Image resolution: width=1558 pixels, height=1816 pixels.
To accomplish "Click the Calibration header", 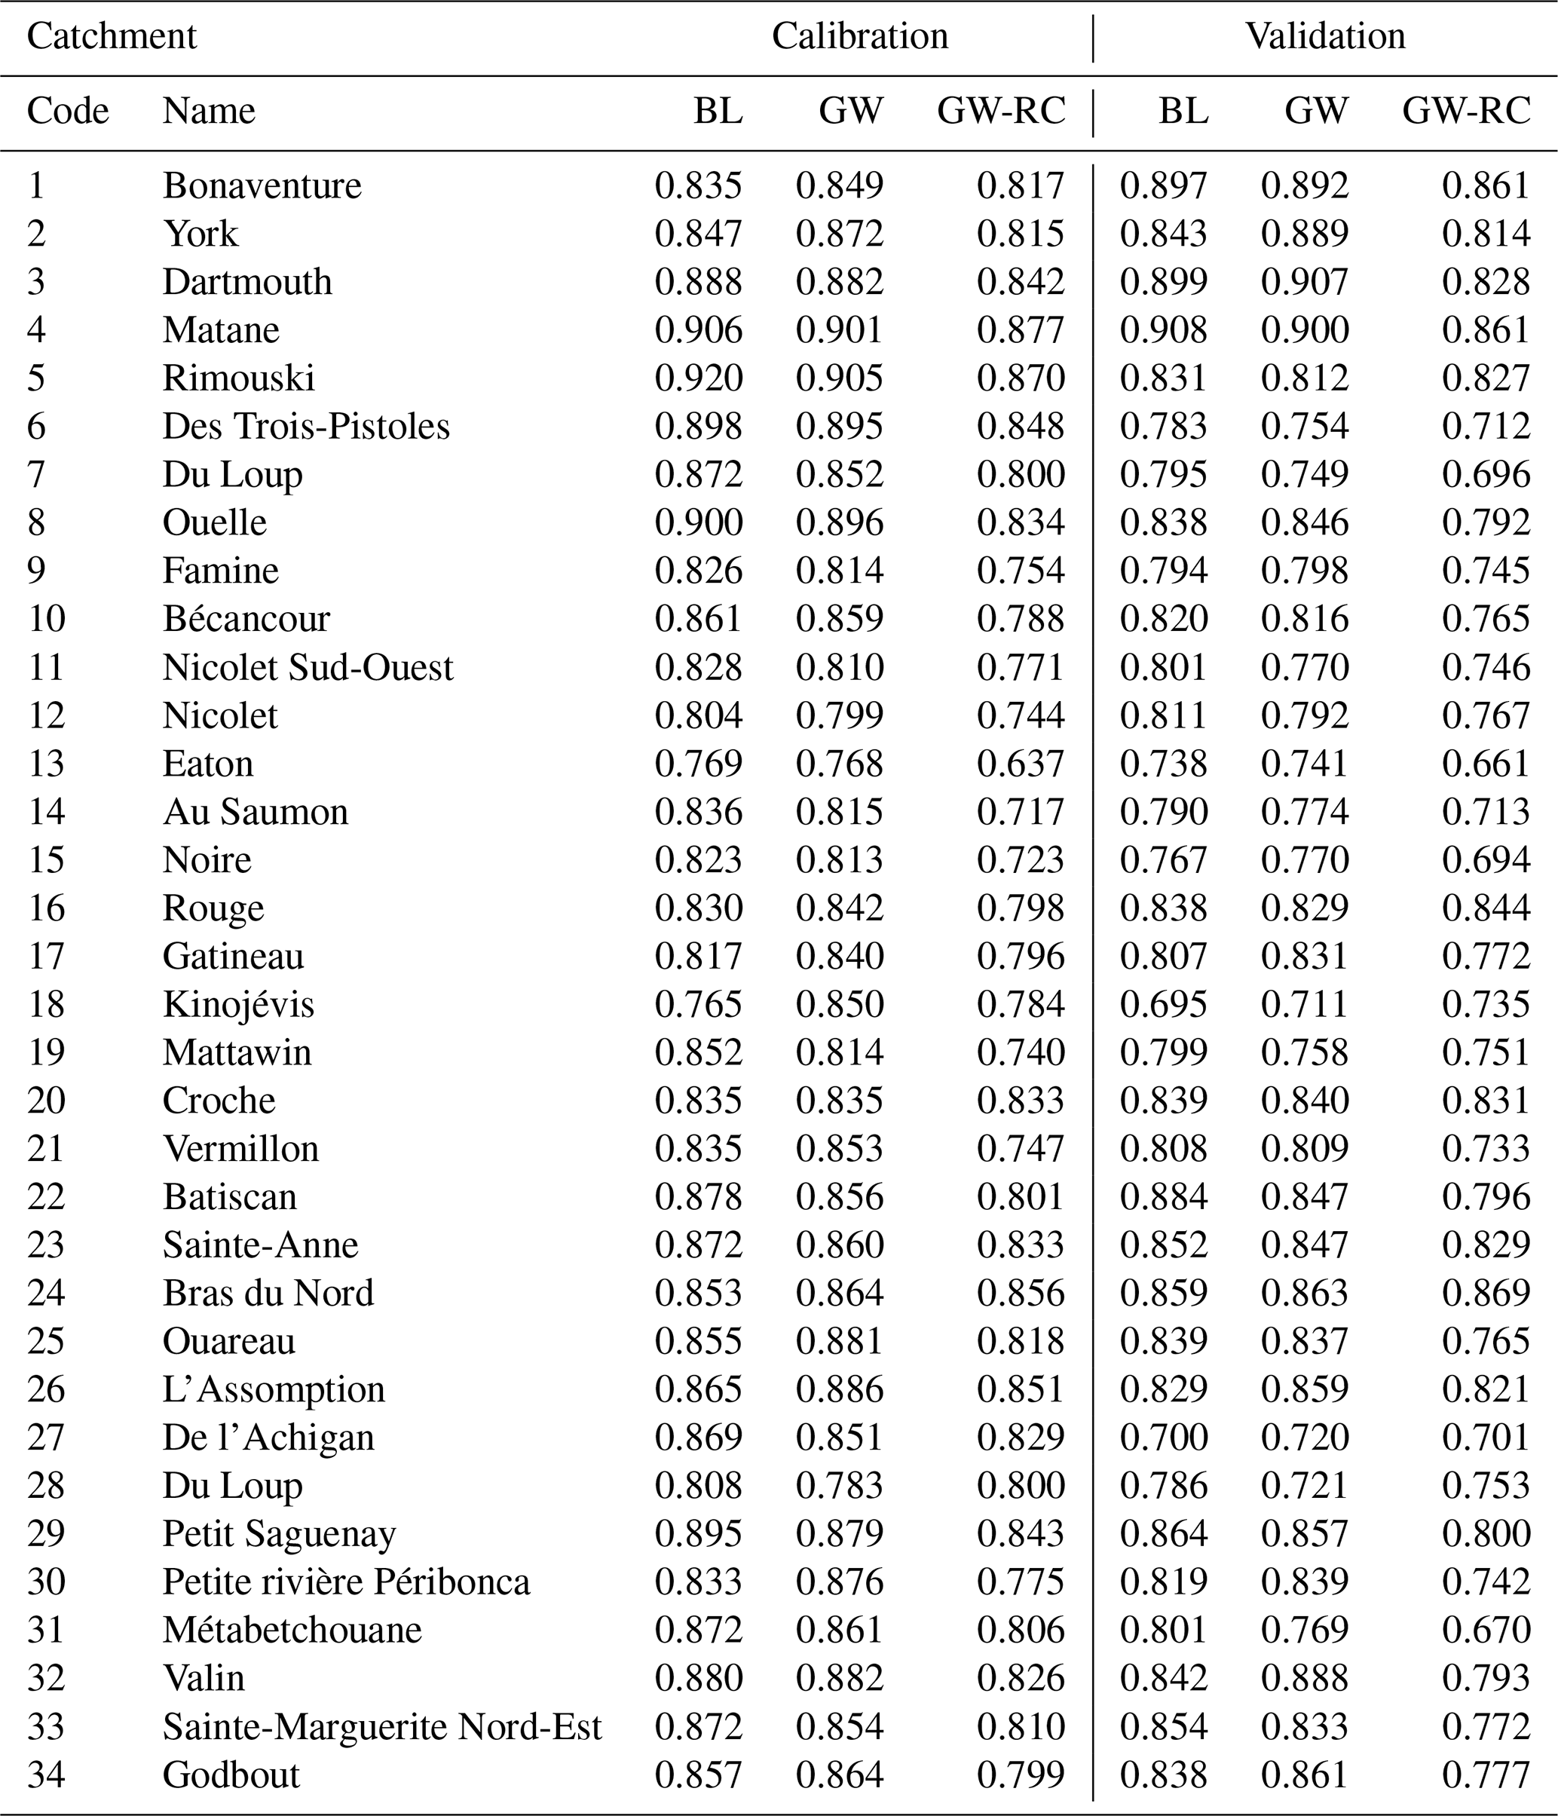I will click(859, 37).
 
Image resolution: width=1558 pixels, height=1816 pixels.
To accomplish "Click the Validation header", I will click(1324, 37).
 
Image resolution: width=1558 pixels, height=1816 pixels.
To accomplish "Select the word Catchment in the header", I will click(112, 37).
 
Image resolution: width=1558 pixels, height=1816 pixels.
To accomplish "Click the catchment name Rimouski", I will click(238, 378).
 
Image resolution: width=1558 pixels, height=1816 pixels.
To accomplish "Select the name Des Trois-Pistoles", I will click(306, 427).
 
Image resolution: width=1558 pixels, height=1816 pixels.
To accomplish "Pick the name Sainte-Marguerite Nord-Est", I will click(382, 1726).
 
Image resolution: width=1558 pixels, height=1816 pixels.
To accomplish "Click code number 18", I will click(47, 1004).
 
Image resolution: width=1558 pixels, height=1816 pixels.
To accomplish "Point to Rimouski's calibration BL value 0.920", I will click(699, 378).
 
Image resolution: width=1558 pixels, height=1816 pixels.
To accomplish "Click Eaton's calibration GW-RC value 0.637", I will click(1021, 764).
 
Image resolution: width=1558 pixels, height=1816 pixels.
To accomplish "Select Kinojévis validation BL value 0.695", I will click(1164, 1004).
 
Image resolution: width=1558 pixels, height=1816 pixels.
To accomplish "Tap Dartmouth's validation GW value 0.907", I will click(1305, 282).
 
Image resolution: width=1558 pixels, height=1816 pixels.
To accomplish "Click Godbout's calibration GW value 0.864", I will click(840, 1775).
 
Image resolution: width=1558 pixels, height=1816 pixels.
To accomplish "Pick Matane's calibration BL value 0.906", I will click(699, 330).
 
